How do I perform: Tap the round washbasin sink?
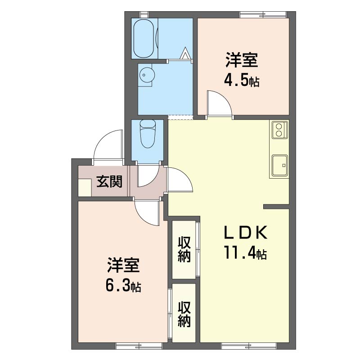click(146, 75)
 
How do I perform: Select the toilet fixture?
click(148, 134)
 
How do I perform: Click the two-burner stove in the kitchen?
click(279, 130)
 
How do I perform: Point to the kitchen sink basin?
click(279, 166)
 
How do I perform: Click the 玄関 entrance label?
click(109, 181)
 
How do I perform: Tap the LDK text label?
click(245, 233)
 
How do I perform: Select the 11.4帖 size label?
click(245, 252)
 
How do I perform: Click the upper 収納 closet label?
click(184, 249)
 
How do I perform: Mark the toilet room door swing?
click(148, 175)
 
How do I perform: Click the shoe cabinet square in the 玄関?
click(85, 187)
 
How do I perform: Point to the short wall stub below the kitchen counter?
click(276, 207)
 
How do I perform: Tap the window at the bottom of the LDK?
click(249, 346)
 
